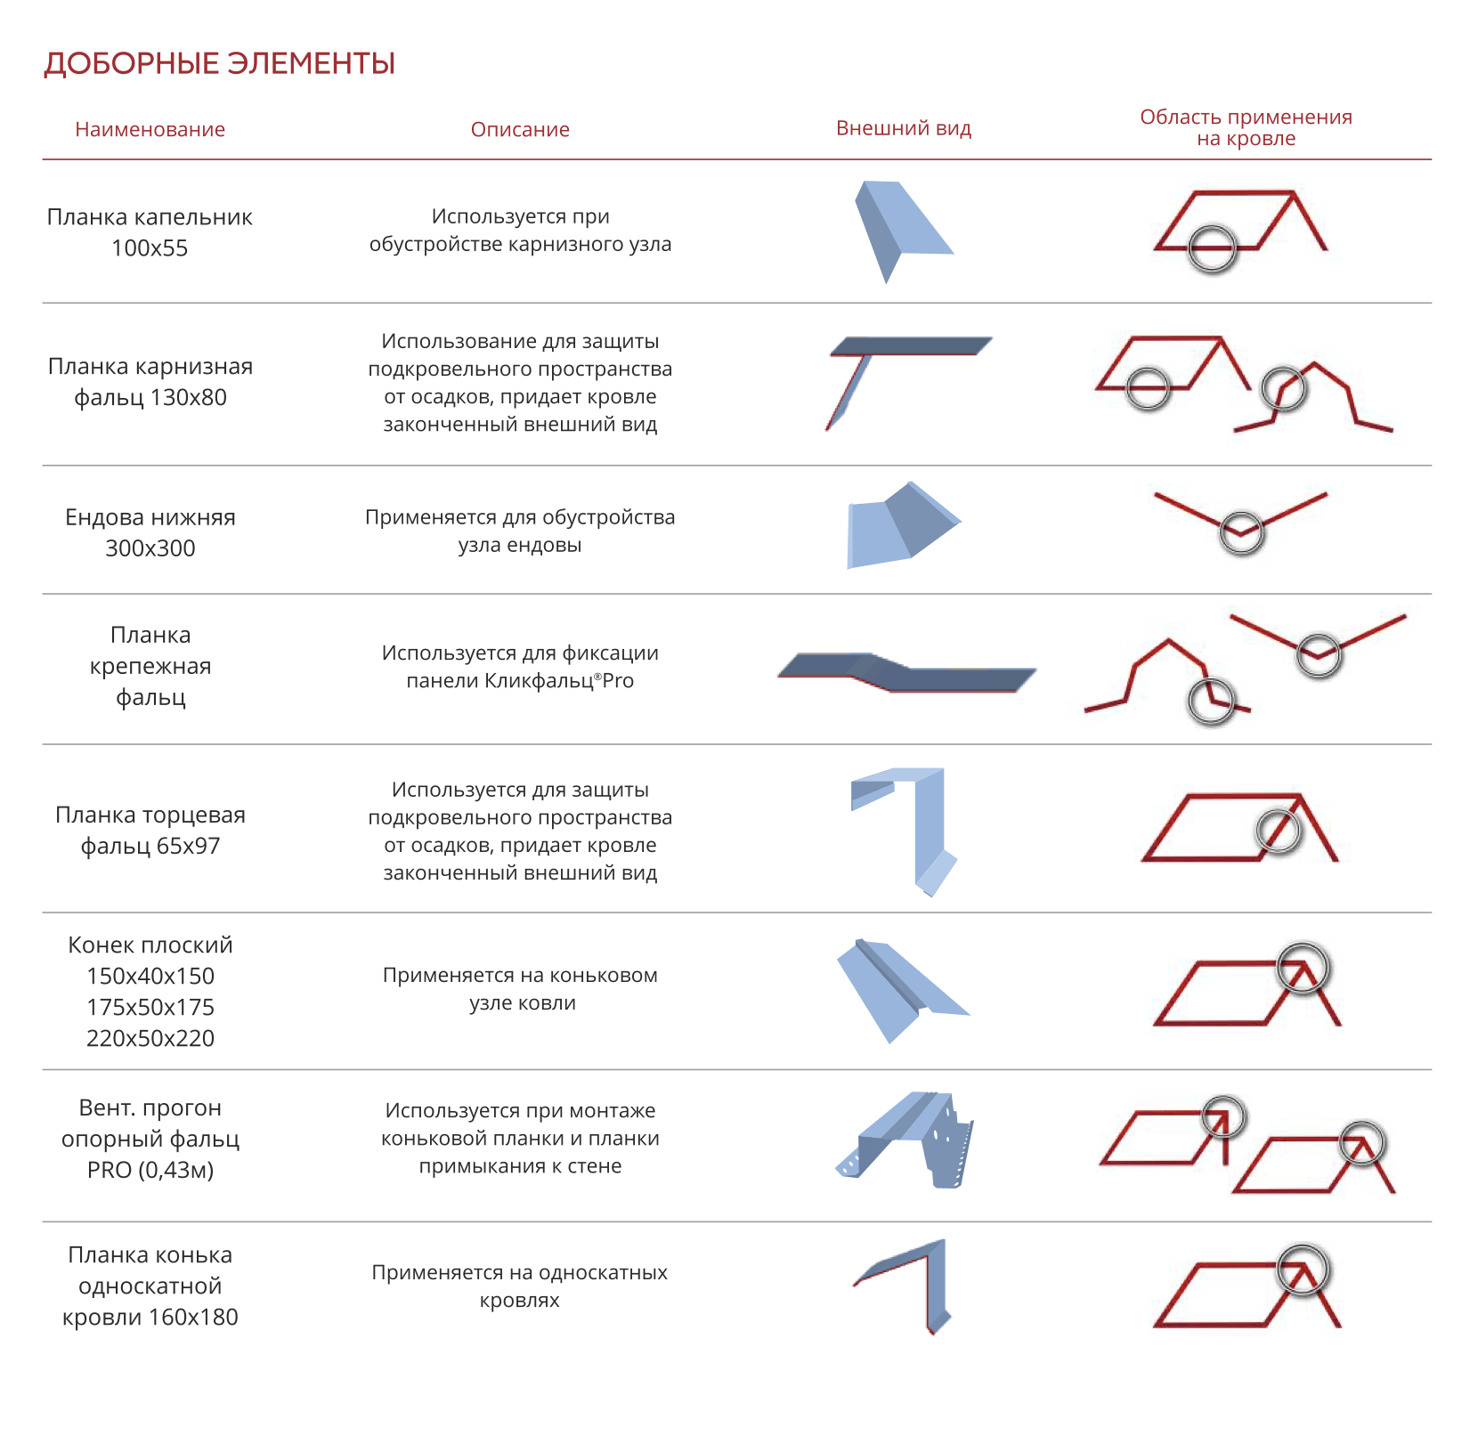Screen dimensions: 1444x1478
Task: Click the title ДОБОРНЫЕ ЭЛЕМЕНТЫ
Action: pos(219,64)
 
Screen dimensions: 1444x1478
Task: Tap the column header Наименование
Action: pos(150,130)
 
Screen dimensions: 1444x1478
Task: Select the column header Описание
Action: pos(520,130)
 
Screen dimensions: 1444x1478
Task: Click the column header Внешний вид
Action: pos(903,128)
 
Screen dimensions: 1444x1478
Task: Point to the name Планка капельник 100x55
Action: pos(150,232)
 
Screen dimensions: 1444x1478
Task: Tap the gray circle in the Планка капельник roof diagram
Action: pos(1212,247)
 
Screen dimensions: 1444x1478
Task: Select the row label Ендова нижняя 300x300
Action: pos(150,532)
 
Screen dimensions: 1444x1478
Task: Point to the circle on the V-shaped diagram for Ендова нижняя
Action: pos(1241,532)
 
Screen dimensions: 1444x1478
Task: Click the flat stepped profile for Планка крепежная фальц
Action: pos(906,672)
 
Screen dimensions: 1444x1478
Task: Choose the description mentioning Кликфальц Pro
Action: pos(520,667)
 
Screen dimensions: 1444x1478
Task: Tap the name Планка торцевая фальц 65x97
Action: pos(150,830)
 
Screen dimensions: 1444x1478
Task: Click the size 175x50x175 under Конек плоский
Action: pos(150,1007)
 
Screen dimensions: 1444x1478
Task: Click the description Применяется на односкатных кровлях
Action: pos(520,1286)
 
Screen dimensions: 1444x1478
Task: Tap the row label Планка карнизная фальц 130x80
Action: pos(150,382)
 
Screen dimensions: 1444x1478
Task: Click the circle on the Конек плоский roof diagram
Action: pos(1303,968)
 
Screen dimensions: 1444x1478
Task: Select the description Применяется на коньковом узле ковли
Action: pos(520,989)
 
